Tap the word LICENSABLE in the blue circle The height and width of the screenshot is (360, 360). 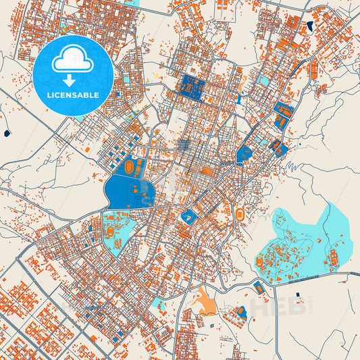pyautogui.click(x=74, y=95)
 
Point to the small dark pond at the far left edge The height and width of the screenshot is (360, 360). pyautogui.click(x=7, y=133)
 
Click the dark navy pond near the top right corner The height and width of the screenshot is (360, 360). pyautogui.click(x=309, y=26)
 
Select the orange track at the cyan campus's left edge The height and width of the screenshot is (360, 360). pyautogui.click(x=259, y=260)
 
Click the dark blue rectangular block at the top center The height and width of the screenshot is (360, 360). pyautogui.click(x=193, y=88)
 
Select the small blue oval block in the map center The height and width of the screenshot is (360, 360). pyautogui.click(x=188, y=216)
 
